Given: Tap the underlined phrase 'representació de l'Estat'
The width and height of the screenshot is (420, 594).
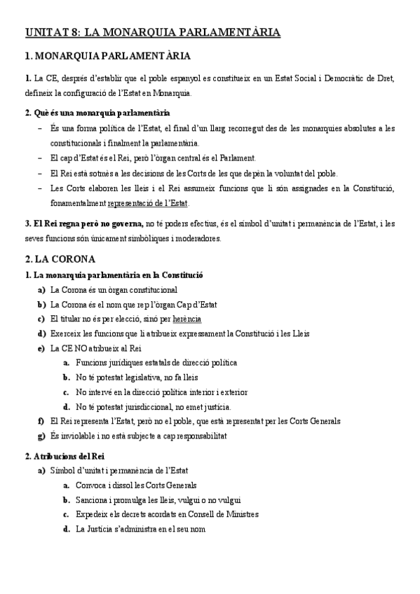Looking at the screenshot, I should (148, 203).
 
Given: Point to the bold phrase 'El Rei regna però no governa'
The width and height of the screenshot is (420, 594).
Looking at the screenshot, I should (88, 223).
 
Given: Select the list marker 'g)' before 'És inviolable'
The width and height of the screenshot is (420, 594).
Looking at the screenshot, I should (41, 436).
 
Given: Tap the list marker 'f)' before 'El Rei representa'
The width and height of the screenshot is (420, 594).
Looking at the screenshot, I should (41, 421).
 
